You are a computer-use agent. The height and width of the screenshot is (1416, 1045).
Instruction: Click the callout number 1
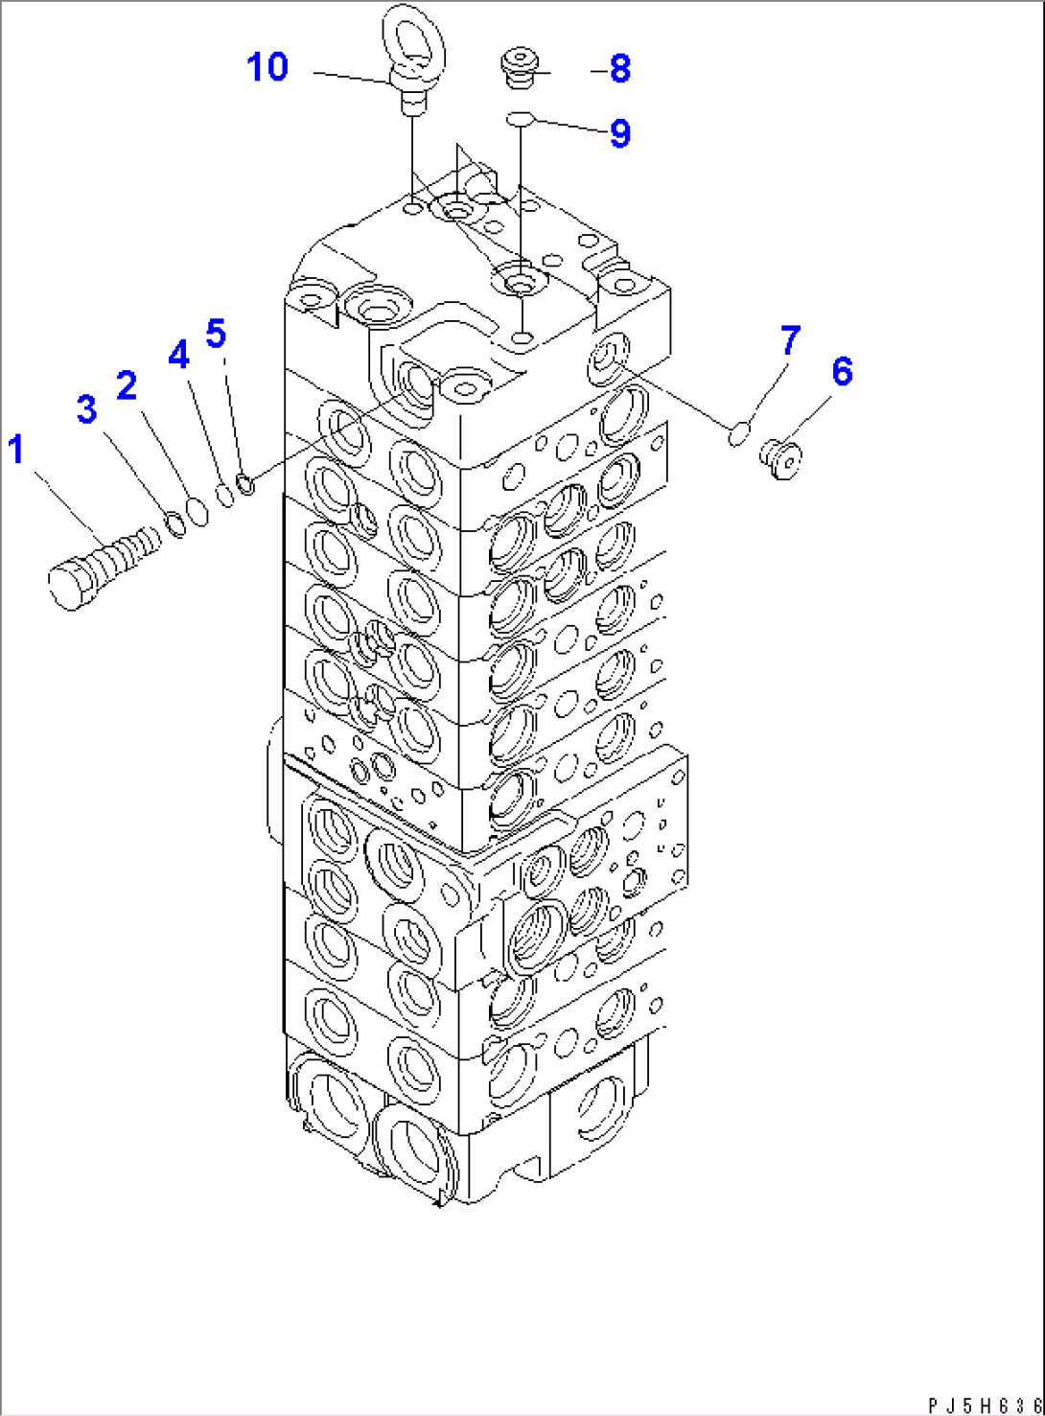(x=16, y=449)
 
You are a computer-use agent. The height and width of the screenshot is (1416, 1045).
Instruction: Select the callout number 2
(x=127, y=385)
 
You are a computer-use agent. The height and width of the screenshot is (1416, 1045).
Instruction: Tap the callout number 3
(x=87, y=409)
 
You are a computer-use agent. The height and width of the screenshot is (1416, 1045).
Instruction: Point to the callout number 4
(x=178, y=355)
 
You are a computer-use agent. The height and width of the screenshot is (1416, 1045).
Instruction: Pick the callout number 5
(x=216, y=334)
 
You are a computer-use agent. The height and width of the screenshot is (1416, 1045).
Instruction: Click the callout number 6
(x=842, y=371)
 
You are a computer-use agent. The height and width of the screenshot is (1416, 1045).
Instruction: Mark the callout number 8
(x=619, y=69)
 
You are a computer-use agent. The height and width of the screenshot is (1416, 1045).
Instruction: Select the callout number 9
(x=620, y=133)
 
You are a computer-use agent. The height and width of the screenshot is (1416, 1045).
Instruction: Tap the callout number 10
(x=267, y=67)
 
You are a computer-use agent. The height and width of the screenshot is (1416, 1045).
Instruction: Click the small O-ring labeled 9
(x=520, y=119)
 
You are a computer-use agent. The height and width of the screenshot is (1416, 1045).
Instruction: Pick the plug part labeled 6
(x=782, y=458)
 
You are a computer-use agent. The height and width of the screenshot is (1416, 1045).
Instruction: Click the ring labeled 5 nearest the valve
(x=245, y=484)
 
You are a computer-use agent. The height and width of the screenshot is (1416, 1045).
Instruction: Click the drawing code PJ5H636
(x=985, y=1404)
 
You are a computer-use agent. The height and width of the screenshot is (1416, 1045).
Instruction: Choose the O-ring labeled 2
(x=197, y=512)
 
